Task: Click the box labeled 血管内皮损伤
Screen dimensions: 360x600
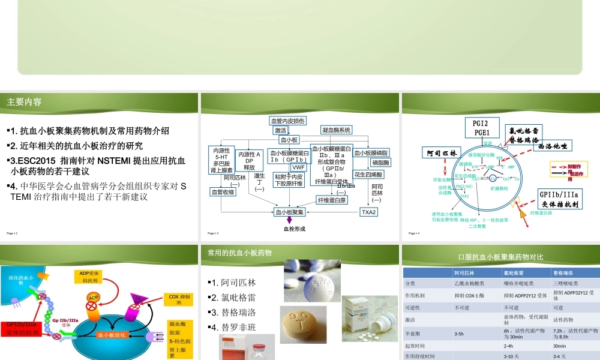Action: pos(288,121)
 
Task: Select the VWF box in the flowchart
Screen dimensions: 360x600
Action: pos(298,167)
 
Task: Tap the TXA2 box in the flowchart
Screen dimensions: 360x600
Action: pos(368,212)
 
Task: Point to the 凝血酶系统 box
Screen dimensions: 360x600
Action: pos(337,130)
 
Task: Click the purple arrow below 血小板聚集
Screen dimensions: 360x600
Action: pos(289,220)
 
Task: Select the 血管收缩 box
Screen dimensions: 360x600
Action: pos(223,191)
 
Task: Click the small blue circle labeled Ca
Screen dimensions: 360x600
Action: pos(493,178)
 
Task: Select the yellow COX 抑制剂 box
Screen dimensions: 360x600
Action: pos(179,299)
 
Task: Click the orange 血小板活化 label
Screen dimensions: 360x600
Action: pos(112,335)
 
